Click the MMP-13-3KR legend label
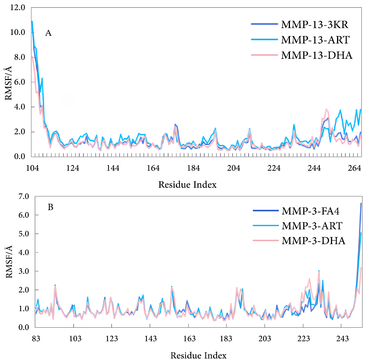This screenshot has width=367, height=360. [315, 25]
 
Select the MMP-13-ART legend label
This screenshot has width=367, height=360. [315, 40]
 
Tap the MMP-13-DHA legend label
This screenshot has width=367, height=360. [317, 55]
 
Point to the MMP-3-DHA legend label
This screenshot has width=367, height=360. [313, 241]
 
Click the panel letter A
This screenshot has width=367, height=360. [48, 33]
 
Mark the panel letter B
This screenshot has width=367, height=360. [50, 208]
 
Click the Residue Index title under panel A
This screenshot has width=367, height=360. [187, 185]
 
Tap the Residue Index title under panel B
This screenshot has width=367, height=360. [198, 355]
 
